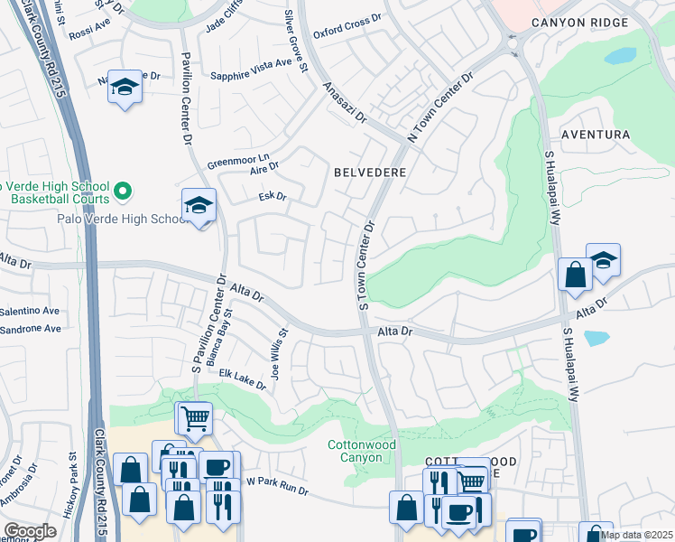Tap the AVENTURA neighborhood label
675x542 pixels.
[x=595, y=135]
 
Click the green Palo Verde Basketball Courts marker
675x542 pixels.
[x=125, y=191]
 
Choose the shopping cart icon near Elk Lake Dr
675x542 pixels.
[x=193, y=418]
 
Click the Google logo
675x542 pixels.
[x=30, y=531]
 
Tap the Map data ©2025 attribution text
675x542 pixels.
[x=637, y=534]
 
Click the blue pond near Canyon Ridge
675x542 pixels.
[x=620, y=56]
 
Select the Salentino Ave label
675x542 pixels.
[x=30, y=311]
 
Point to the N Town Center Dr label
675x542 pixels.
[x=441, y=107]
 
